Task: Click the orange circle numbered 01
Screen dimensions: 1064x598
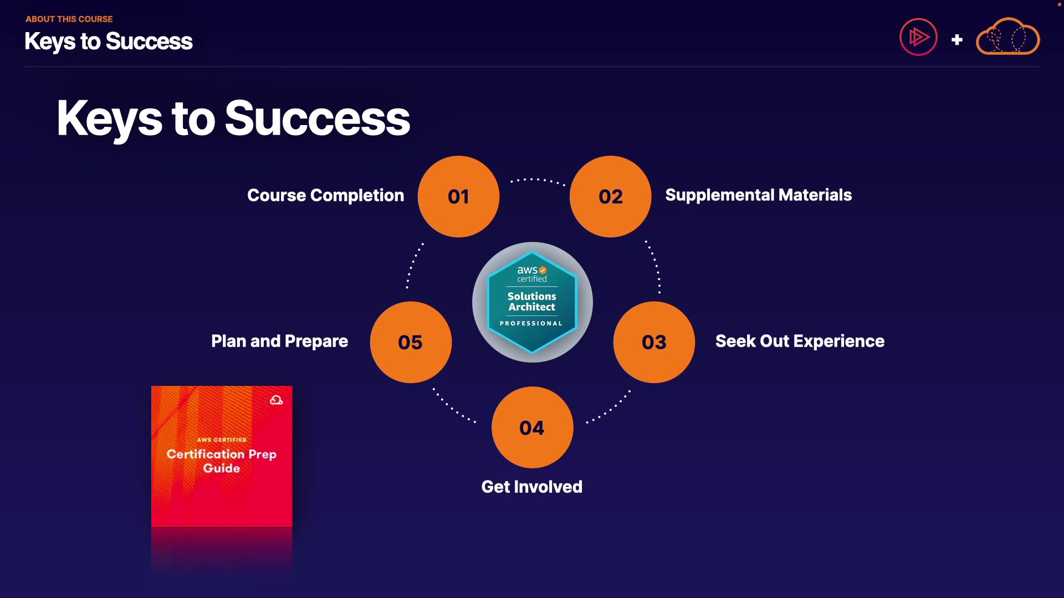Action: (x=458, y=197)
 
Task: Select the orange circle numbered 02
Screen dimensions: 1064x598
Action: (x=611, y=197)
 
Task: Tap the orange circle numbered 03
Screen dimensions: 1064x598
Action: (x=654, y=342)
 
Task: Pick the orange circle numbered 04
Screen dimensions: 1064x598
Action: (x=532, y=427)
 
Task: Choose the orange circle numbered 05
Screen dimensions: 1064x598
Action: (x=411, y=342)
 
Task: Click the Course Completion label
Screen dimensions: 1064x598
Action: (x=325, y=195)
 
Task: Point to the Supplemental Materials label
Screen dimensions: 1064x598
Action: (x=758, y=195)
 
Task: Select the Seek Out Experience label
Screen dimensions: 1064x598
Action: (x=800, y=341)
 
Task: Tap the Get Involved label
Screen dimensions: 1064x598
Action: (x=531, y=487)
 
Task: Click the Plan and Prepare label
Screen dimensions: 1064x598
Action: (x=279, y=341)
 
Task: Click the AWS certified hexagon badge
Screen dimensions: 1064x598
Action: (x=532, y=302)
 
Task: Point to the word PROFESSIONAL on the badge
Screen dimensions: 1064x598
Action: (x=531, y=323)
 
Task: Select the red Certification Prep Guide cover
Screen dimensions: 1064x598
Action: (x=222, y=456)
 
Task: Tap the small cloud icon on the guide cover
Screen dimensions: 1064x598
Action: (x=276, y=400)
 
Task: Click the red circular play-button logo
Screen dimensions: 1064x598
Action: (x=918, y=37)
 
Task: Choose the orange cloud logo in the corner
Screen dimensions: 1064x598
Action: (x=1007, y=37)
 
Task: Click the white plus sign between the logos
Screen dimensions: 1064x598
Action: (x=956, y=40)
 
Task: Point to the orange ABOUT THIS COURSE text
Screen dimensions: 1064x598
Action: (x=69, y=19)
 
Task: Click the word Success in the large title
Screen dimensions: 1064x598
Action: (x=318, y=118)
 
